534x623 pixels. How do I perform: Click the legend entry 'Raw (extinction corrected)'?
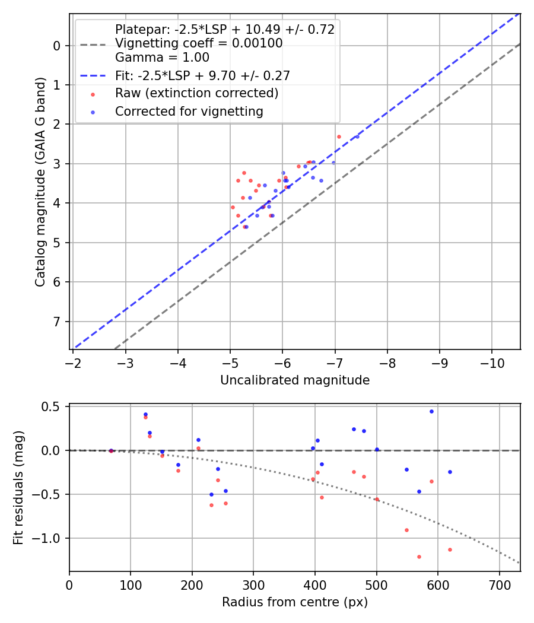[196, 93]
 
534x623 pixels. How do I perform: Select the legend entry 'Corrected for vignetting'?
[189, 111]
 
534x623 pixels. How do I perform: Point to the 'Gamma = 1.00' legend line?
[162, 58]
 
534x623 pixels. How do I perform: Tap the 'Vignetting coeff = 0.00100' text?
[199, 43]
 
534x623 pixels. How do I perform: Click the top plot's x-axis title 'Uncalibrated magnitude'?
[295, 380]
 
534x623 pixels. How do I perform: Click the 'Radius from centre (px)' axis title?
[295, 602]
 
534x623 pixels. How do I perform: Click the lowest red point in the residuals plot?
[419, 557]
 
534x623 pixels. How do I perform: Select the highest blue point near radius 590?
[431, 411]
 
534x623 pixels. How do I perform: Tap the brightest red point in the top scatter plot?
[339, 136]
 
